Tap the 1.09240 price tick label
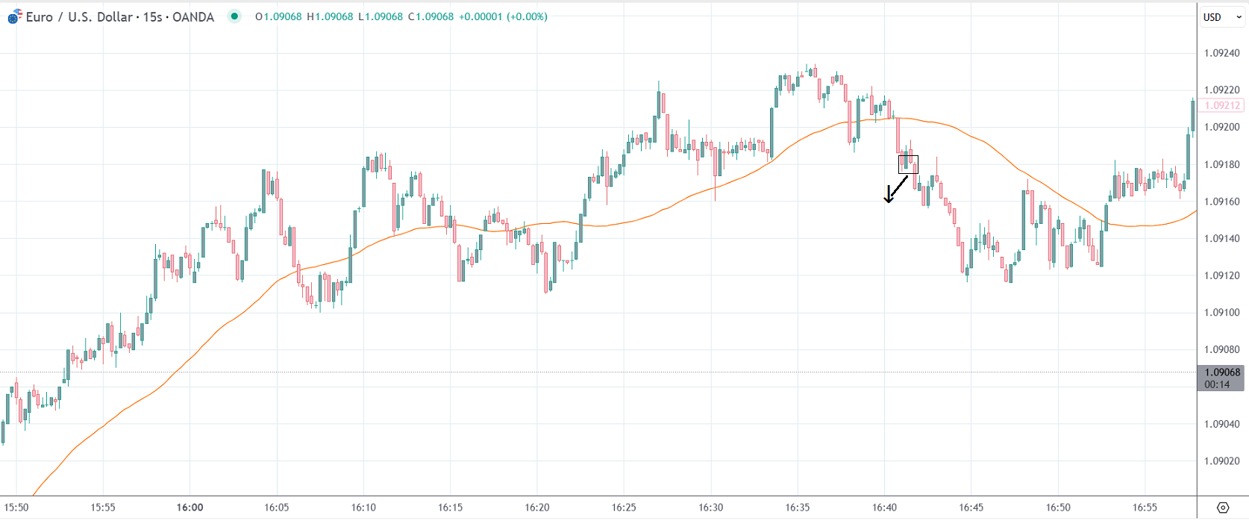click(1221, 53)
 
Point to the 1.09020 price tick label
click(1221, 461)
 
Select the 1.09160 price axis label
click(1221, 202)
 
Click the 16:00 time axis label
click(190, 508)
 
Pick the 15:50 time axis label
click(16, 508)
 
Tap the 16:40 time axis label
click(884, 508)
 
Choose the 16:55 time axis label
click(1145, 508)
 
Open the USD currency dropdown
click(1221, 17)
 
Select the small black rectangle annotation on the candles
click(908, 164)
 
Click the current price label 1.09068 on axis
click(1222, 372)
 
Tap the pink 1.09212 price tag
click(1222, 106)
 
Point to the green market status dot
click(234, 16)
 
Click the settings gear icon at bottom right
click(1222, 508)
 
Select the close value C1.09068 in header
click(431, 16)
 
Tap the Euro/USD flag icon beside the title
click(14, 16)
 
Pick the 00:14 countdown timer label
click(1217, 384)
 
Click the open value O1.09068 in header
click(278, 16)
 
